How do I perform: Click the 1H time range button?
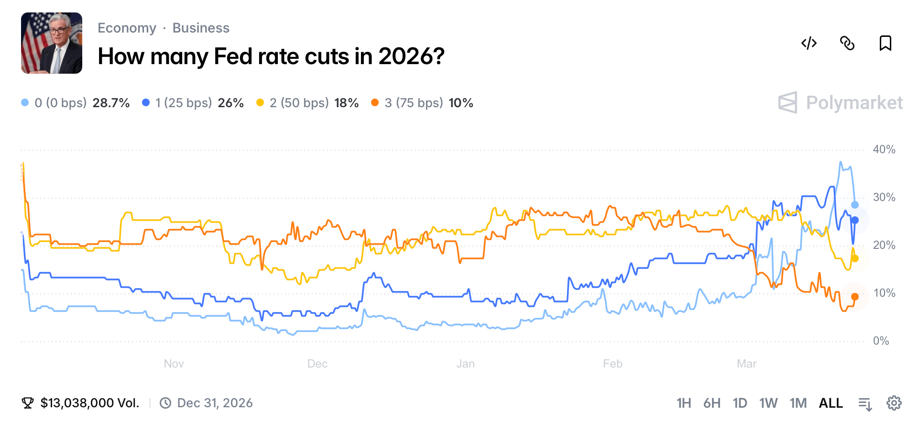[683, 403]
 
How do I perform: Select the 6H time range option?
[711, 403]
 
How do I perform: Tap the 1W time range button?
[768, 403]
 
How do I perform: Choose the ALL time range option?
[831, 403]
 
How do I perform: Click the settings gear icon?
[894, 403]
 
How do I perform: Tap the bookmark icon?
[885, 43]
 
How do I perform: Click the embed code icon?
[809, 43]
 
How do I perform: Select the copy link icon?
[847, 43]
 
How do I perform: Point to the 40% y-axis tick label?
[884, 149]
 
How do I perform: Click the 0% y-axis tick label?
[881, 341]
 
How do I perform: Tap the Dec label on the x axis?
[317, 364]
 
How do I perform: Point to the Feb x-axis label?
[612, 364]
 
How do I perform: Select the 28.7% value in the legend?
[111, 103]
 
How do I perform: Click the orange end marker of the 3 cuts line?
[855, 297]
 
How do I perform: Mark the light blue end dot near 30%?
[855, 205]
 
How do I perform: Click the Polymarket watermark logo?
[840, 102]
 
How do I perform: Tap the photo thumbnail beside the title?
[52, 43]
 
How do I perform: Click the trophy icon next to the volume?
[28, 403]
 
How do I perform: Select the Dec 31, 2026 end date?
[215, 403]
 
